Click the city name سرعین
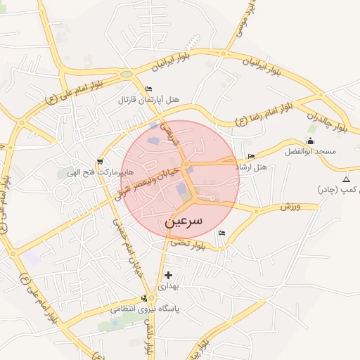(184, 220)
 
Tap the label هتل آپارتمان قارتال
(148, 99)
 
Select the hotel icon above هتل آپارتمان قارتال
(148, 89)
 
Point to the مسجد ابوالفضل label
(310, 151)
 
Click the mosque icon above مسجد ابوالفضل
(310, 141)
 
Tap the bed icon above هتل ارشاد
(251, 156)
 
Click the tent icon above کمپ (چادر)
(345, 180)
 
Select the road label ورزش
(290, 207)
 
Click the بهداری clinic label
(168, 286)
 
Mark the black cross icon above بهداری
(167, 275)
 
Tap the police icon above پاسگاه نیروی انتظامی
(145, 298)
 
